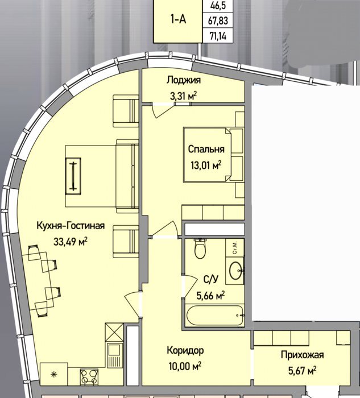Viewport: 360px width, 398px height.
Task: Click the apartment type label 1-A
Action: [178, 19]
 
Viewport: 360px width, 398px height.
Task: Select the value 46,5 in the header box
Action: [218, 6]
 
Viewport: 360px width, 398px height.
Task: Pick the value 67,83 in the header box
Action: [218, 20]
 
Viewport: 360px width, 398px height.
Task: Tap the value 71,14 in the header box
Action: [218, 36]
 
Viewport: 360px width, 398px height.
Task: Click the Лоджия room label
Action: [184, 80]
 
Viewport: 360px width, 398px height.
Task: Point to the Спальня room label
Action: [206, 149]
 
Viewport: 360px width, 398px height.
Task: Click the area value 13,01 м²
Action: [206, 165]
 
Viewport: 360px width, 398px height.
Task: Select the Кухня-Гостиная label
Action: [71, 225]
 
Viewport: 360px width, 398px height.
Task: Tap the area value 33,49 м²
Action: [71, 242]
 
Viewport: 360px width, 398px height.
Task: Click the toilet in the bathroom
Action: [200, 248]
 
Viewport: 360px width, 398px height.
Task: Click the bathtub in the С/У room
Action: [215, 315]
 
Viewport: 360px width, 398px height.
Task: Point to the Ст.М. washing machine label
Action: [234, 247]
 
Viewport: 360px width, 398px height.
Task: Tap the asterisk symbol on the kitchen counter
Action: [54, 374]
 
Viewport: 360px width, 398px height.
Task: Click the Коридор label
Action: [185, 351]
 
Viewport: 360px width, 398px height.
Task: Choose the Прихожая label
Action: [302, 355]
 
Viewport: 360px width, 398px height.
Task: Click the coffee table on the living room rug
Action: [73, 176]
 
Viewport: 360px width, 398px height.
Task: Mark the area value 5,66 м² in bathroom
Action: [210, 296]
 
